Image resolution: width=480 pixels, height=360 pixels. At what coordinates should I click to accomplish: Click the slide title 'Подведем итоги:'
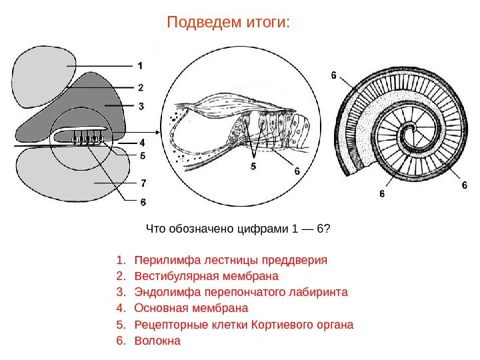click(x=229, y=23)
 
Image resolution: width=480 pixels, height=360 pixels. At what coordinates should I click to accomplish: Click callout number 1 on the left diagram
click(x=141, y=66)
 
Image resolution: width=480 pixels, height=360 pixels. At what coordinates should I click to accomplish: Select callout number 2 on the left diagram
click(x=141, y=87)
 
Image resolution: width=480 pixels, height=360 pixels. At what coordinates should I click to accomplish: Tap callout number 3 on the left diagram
click(x=141, y=105)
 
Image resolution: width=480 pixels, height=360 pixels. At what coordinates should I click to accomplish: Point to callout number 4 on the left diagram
click(x=141, y=143)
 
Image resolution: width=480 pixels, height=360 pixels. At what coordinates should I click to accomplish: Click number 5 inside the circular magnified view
click(x=253, y=164)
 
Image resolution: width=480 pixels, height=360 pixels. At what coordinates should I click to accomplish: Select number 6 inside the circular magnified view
click(x=297, y=171)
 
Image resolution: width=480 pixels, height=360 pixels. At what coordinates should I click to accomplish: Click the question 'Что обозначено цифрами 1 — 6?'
click(x=237, y=229)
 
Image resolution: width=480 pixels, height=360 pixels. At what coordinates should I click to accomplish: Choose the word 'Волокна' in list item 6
click(x=157, y=341)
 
